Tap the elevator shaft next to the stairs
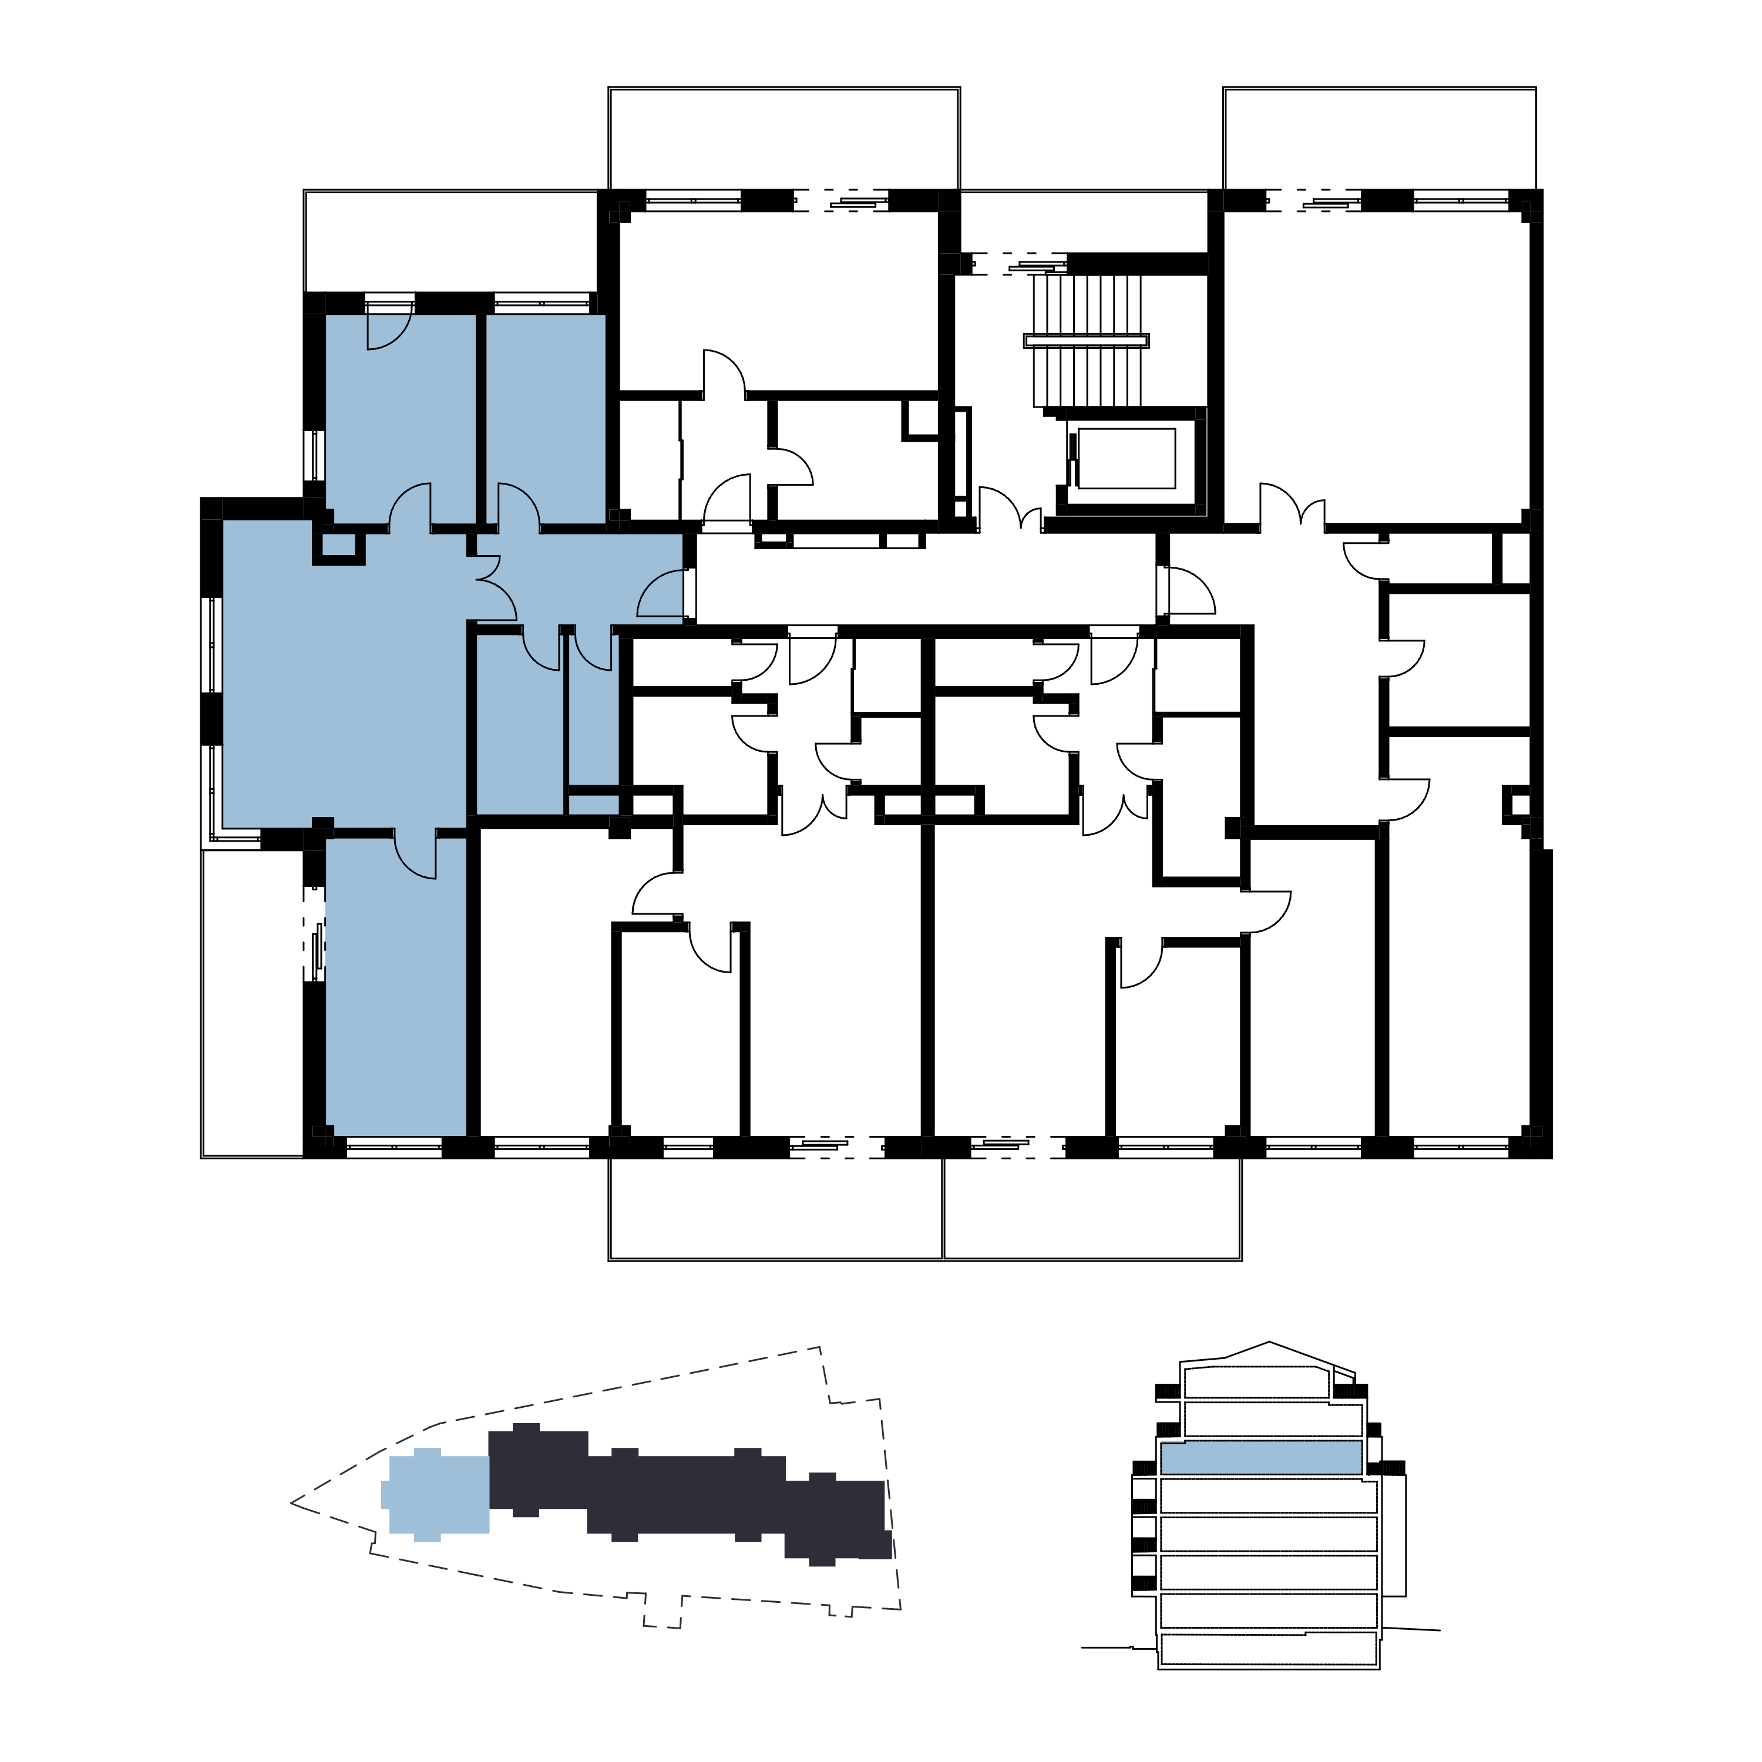click(1127, 459)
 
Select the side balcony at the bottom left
click(253, 1003)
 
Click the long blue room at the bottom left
click(396, 994)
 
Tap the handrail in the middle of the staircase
click(1085, 340)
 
